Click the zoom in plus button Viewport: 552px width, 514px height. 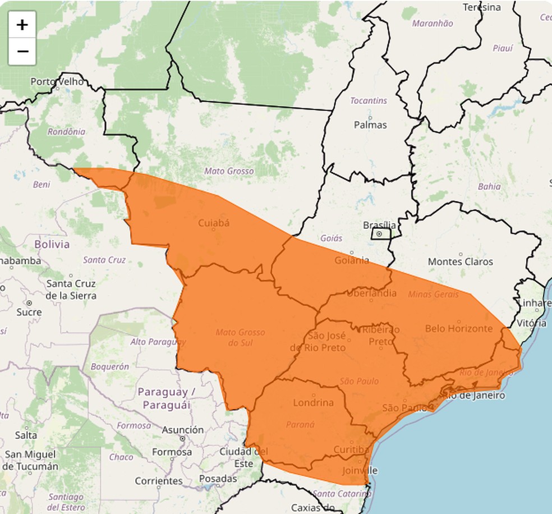(x=22, y=25)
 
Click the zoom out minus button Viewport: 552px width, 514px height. (x=22, y=52)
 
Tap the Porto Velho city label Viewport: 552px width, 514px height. (x=57, y=82)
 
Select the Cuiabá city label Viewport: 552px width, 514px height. (x=214, y=223)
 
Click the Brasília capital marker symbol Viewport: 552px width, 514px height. (x=379, y=234)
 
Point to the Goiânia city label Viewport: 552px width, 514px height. (x=352, y=260)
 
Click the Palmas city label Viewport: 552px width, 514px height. (x=370, y=125)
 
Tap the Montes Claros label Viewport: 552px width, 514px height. (x=460, y=261)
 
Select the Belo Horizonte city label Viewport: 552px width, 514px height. (x=458, y=328)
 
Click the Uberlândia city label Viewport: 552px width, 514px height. (x=371, y=293)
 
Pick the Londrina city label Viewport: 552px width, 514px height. (x=313, y=402)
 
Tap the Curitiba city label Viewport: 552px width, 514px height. (x=351, y=449)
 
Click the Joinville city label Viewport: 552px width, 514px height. (x=360, y=470)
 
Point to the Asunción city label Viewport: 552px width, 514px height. (x=182, y=430)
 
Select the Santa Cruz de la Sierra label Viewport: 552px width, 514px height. (x=71, y=290)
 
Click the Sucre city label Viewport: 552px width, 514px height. (x=29, y=312)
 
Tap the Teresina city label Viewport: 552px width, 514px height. (x=482, y=7)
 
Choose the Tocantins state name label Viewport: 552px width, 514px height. (x=369, y=101)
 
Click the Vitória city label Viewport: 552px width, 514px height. (x=532, y=323)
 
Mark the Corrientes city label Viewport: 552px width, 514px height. (x=159, y=481)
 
